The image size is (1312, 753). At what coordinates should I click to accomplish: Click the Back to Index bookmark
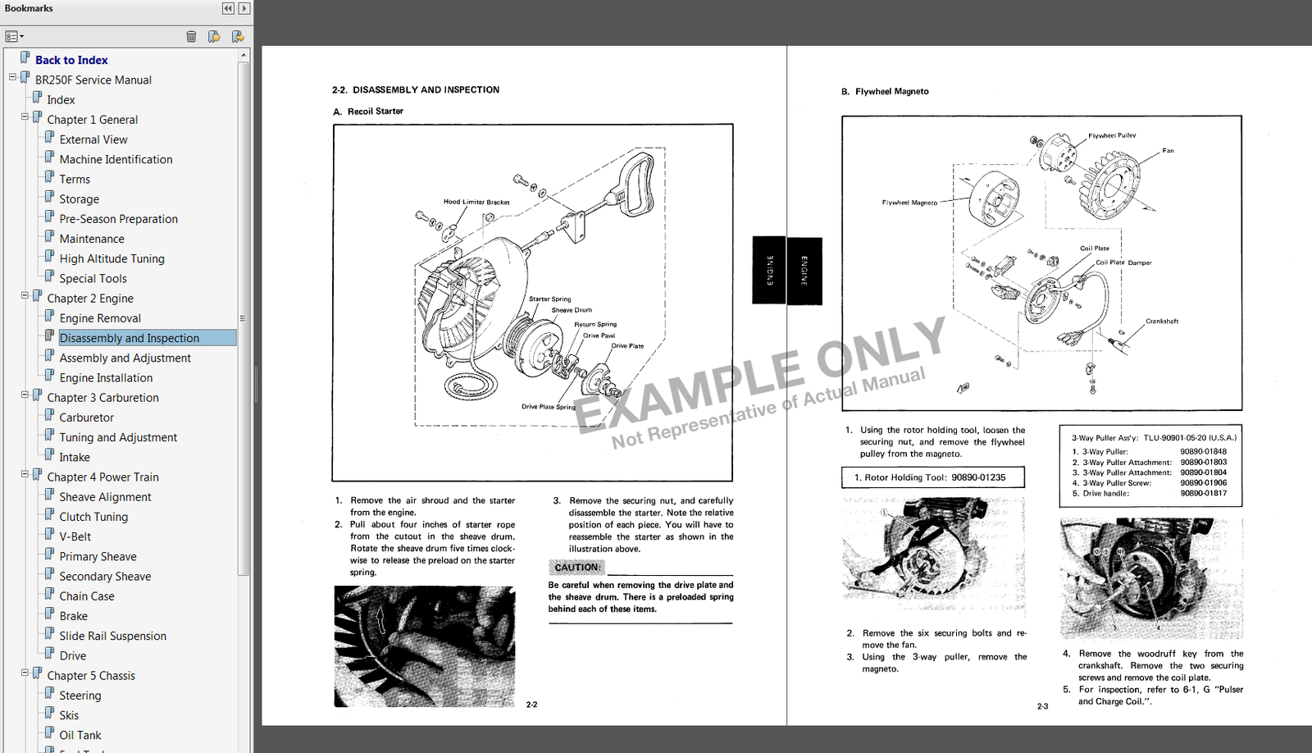tap(71, 60)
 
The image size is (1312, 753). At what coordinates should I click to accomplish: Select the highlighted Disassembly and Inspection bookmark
tap(130, 338)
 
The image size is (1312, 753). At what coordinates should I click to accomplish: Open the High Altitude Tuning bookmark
tap(112, 258)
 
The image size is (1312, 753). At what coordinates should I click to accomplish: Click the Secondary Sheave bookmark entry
tap(105, 577)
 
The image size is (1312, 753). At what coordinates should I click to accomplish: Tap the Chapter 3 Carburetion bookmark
tap(102, 398)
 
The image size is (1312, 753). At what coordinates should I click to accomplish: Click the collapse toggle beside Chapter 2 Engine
tap(25, 295)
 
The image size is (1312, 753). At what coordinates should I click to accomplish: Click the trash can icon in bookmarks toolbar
tap(191, 36)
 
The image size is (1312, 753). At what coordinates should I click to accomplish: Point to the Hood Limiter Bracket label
tap(476, 202)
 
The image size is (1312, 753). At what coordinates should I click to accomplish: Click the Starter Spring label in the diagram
tap(549, 299)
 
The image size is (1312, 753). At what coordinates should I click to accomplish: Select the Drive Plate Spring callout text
tap(549, 407)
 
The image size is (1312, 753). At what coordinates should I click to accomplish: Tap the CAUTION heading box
tap(576, 568)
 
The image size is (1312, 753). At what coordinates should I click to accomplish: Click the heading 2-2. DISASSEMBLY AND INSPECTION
tap(416, 90)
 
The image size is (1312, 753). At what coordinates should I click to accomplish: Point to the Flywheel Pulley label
tap(1112, 135)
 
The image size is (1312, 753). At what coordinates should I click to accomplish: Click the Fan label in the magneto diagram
tap(1168, 150)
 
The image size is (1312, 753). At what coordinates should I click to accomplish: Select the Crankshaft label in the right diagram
tap(1162, 322)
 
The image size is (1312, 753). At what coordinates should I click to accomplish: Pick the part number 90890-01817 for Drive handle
tap(1203, 494)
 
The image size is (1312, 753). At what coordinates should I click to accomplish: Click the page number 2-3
tap(1042, 706)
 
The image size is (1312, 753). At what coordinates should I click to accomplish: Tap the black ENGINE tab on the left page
tap(769, 271)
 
